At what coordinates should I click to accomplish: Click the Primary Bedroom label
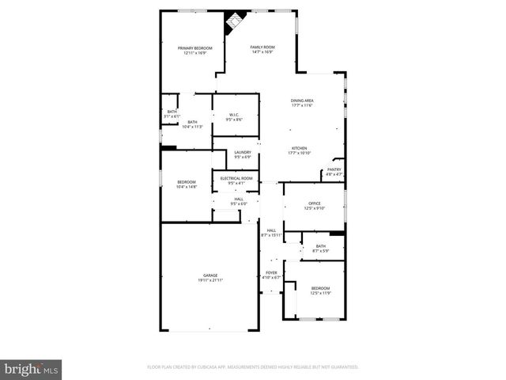click(194, 51)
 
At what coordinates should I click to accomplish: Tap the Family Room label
click(262, 50)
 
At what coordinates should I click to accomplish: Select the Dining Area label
click(303, 104)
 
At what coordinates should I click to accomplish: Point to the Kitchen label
click(299, 150)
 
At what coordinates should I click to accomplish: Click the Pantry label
click(334, 171)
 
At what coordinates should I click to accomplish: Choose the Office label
click(314, 206)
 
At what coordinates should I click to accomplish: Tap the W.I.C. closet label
click(234, 117)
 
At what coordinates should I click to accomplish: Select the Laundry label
click(242, 154)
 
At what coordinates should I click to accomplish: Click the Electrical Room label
click(236, 180)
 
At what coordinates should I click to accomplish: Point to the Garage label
click(210, 278)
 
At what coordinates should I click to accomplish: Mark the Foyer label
click(271, 275)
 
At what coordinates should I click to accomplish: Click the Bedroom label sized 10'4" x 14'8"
click(187, 184)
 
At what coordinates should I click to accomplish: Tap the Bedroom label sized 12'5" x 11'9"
click(320, 290)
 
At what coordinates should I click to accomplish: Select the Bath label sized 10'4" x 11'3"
click(192, 124)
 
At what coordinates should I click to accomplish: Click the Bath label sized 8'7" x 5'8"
click(320, 249)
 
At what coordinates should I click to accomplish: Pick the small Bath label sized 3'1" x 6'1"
click(172, 114)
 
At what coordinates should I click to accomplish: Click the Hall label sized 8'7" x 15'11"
click(271, 232)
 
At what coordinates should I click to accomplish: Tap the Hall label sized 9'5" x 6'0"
click(238, 201)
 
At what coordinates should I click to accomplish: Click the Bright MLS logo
click(31, 369)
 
